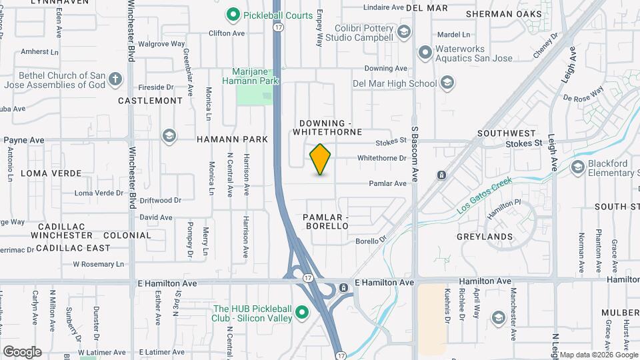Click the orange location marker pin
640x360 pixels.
[320, 159]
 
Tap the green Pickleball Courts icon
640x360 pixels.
[233, 13]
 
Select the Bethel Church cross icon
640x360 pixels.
[116, 80]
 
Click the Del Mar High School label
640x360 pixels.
[395, 83]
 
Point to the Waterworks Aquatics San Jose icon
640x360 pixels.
[424, 52]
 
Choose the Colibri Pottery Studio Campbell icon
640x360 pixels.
[403, 32]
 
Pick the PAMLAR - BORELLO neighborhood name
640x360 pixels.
[325, 222]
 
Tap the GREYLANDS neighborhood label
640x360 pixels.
[485, 237]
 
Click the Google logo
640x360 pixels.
[22, 351]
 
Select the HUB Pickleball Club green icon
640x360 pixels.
[301, 312]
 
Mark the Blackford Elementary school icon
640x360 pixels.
[577, 166]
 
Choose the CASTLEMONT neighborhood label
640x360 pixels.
[150, 101]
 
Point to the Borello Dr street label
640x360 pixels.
[371, 241]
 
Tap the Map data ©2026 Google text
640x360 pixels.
[598, 355]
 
